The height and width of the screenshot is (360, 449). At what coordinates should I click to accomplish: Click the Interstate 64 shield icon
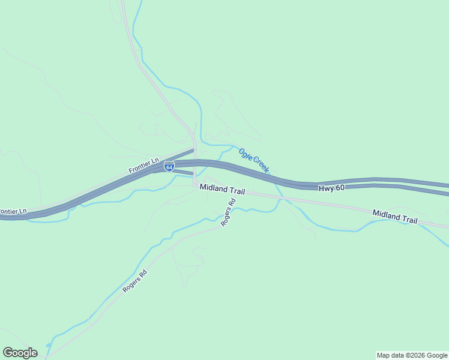(169, 166)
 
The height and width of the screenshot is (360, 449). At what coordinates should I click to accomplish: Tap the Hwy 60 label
(331, 188)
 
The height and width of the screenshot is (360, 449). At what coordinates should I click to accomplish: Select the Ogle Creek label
(254, 161)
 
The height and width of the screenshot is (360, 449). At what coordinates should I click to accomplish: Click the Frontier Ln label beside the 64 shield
(143, 166)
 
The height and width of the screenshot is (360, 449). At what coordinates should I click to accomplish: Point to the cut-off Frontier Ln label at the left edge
(13, 212)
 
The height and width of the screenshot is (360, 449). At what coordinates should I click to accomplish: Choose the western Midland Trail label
(222, 189)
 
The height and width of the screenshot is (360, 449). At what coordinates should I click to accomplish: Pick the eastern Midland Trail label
(394, 217)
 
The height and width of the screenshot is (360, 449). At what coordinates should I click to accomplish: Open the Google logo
(20, 353)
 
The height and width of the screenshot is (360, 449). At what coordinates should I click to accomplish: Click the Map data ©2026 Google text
(412, 355)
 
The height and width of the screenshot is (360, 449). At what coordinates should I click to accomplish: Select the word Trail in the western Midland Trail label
(236, 190)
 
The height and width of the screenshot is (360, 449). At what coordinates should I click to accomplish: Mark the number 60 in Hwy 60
(340, 188)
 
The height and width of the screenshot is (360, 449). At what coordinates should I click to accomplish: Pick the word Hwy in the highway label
(326, 188)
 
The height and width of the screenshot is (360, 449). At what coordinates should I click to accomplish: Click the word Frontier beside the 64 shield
(139, 169)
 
